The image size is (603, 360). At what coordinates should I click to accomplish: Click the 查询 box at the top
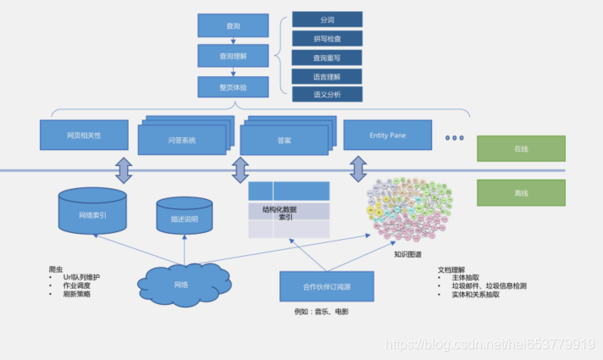click(x=233, y=25)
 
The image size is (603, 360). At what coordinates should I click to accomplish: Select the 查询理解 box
click(x=233, y=56)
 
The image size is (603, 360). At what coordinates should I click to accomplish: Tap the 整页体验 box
click(x=233, y=86)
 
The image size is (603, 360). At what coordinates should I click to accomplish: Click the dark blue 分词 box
click(x=327, y=19)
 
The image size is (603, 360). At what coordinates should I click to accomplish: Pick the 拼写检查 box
click(x=327, y=38)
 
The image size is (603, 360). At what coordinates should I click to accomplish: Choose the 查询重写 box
click(x=327, y=58)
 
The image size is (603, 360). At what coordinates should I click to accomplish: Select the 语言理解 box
click(x=327, y=76)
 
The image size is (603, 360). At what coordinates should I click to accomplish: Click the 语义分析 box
click(x=327, y=95)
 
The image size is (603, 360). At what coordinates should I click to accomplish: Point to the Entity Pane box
click(x=389, y=136)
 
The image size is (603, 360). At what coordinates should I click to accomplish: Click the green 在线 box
click(x=520, y=148)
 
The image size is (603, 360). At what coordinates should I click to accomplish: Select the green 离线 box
click(x=520, y=192)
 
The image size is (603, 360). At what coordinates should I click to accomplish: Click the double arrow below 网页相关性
click(x=124, y=169)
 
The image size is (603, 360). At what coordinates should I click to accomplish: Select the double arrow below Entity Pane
click(x=357, y=169)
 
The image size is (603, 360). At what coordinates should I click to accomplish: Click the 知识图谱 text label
click(x=409, y=253)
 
